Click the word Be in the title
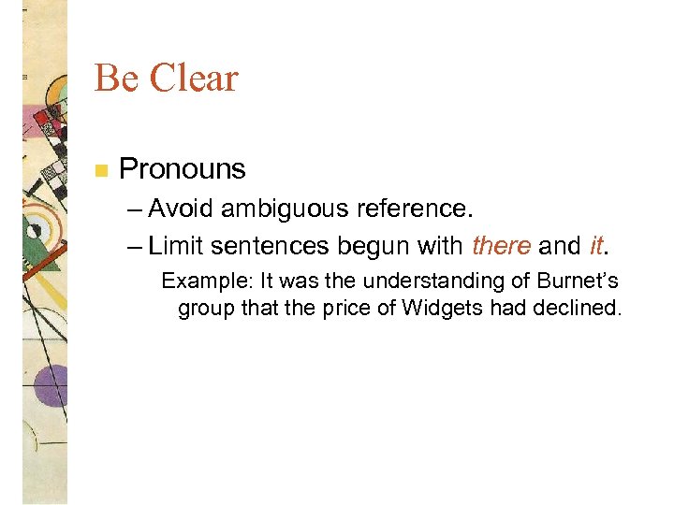115,79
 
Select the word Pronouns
183,169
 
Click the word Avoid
181,208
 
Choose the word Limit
176,246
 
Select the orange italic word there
502,246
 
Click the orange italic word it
596,246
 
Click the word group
201,309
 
